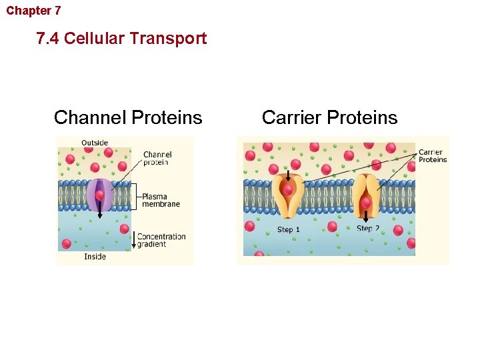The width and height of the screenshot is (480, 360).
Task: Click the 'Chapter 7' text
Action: pos(33,11)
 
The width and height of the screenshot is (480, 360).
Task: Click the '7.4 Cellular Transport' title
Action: pos(122,39)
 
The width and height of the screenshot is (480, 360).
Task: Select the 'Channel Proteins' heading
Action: pos(128,118)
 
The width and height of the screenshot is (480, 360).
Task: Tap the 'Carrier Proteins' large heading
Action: pos(329,118)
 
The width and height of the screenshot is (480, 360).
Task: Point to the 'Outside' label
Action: pos(95,143)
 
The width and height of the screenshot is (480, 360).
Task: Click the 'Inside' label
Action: pos(95,257)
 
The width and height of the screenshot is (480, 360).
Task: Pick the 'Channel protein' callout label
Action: pos(157,159)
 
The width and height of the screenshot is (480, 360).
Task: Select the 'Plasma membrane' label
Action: pos(161,200)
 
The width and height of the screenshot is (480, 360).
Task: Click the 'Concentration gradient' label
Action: pos(161,240)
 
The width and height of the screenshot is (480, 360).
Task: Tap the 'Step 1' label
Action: pos(289,230)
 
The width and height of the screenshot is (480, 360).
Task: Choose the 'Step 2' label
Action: pos(368,229)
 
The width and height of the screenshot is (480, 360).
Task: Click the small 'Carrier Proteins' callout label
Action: pos(432,156)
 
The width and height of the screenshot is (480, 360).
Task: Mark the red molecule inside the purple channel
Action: pos(100,195)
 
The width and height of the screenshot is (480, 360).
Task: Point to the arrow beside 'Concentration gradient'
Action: pos(133,240)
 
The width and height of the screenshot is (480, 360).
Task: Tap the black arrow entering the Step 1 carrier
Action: pos(288,176)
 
